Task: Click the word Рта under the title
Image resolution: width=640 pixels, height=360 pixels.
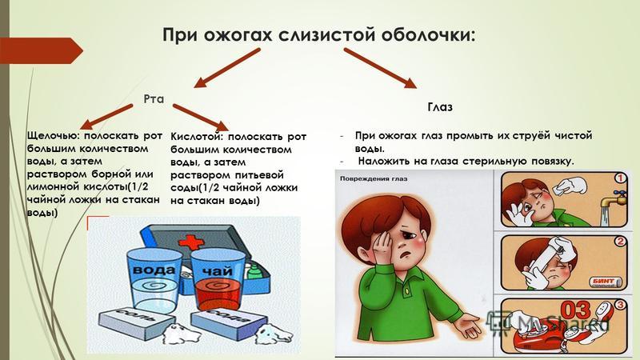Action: (154, 98)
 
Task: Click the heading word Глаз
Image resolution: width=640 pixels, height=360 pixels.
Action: (440, 107)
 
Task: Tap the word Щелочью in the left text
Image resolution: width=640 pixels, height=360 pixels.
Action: (54, 136)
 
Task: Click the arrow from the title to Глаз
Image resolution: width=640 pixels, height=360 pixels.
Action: (380, 68)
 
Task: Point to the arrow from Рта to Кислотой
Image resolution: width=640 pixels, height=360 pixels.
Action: (201, 118)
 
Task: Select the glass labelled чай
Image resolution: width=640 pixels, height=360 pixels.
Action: (216, 280)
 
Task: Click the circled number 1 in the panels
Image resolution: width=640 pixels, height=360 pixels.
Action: (620, 178)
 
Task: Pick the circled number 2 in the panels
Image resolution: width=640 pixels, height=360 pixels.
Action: (621, 242)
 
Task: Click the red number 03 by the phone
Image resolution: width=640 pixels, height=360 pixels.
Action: (575, 310)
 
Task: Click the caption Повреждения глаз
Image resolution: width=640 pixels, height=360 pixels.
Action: (374, 178)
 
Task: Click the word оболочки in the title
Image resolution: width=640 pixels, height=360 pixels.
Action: (428, 34)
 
